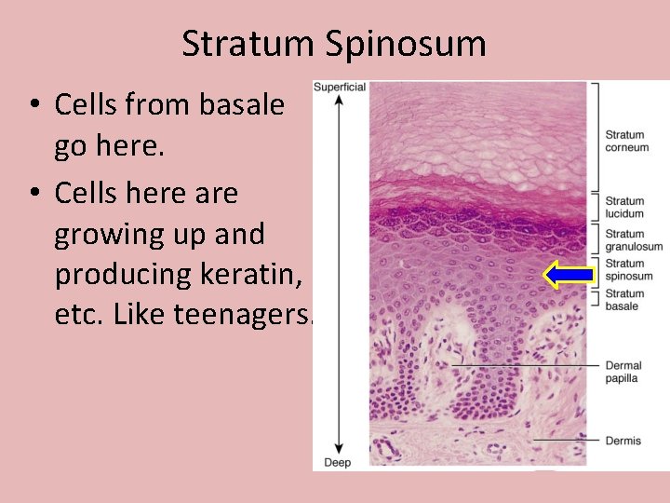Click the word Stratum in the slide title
(248, 44)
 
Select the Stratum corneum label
(625, 141)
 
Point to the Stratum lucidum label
(624, 207)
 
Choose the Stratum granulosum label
(633, 240)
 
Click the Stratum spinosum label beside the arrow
(627, 270)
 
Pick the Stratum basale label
(624, 300)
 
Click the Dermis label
(623, 441)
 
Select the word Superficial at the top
(340, 87)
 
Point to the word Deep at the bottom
(336, 463)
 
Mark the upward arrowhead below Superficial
(339, 100)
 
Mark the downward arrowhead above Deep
(339, 450)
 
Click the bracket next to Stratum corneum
(596, 135)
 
